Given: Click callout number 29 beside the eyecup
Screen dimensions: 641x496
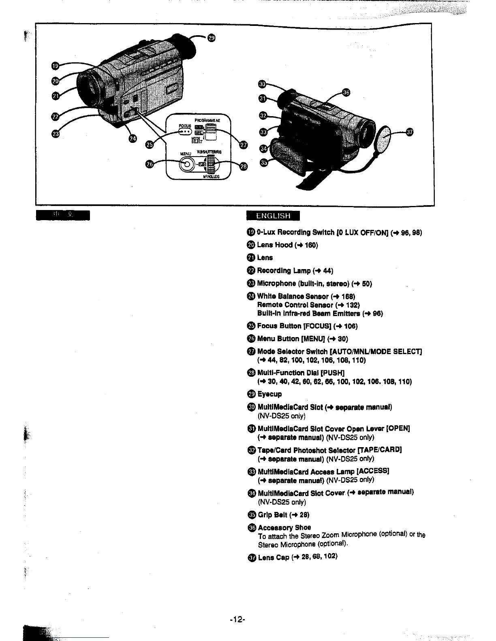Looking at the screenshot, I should pyautogui.click(x=211, y=38).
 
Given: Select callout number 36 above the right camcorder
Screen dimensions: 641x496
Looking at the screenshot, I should pyautogui.click(x=346, y=92).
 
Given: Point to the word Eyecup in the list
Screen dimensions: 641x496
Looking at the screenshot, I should pyautogui.click(x=269, y=394).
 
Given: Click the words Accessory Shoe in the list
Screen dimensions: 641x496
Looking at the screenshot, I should pyautogui.click(x=284, y=527).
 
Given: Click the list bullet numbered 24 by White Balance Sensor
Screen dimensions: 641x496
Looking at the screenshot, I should pyautogui.click(x=251, y=296).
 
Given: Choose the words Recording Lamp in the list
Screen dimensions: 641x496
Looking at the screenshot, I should pyautogui.click(x=280, y=270).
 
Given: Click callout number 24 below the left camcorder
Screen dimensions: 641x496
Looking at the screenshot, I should pyautogui.click(x=133, y=139).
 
